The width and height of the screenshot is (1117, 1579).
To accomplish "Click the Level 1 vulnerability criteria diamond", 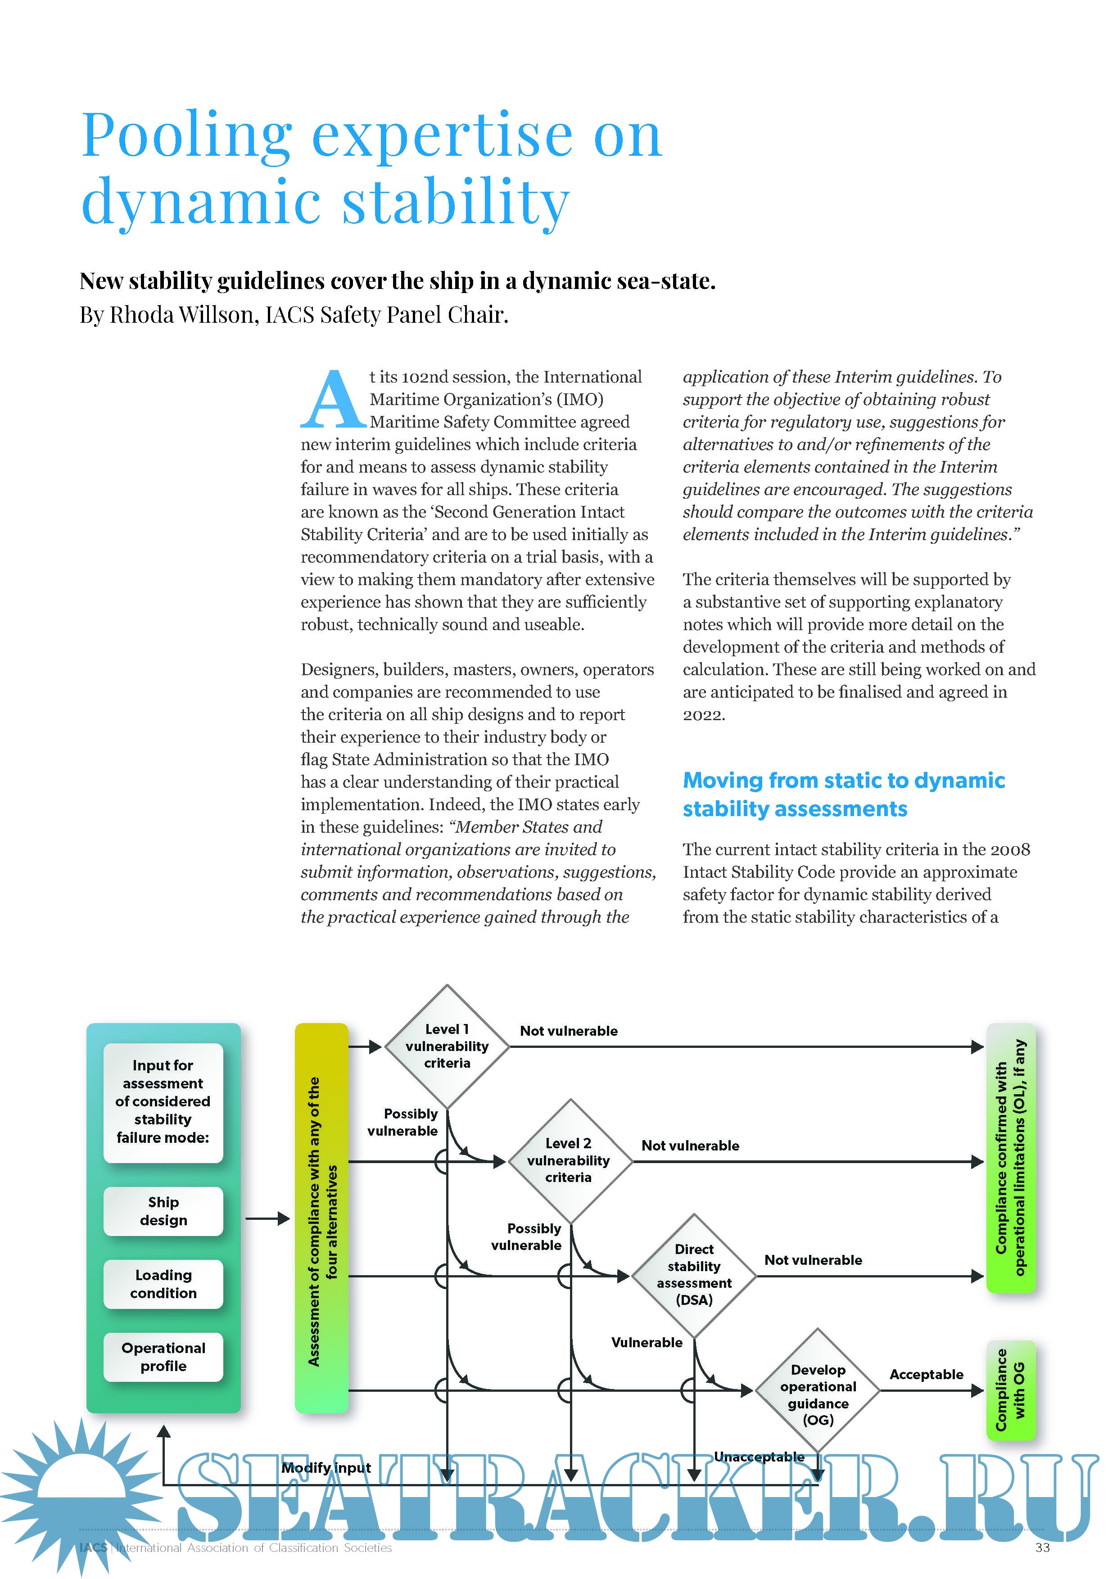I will pos(447,1046).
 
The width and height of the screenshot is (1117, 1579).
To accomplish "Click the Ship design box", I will pos(163,1211).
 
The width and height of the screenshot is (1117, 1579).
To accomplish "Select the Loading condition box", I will pos(163,1284).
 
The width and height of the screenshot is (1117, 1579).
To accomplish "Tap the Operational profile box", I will pos(163,1357).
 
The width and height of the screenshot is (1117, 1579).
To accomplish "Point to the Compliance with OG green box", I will pos(1010,1390).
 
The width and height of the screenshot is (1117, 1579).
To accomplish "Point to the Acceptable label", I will pos(927,1374).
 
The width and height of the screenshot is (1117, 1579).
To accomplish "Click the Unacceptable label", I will pos(759,1457).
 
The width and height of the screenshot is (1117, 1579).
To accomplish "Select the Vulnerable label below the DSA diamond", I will pos(647,1342).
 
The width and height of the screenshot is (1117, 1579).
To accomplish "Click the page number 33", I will pos(1042,1547).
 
